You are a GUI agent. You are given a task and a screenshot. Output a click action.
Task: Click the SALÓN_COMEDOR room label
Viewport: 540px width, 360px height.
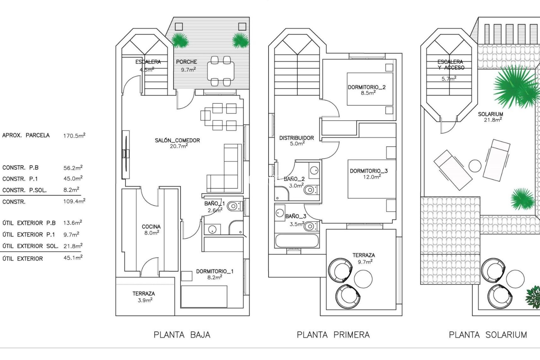point(177,140)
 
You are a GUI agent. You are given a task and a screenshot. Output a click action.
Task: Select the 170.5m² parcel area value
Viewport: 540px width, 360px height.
point(74,136)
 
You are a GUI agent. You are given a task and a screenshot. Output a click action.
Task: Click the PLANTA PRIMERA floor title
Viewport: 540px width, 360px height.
point(333,335)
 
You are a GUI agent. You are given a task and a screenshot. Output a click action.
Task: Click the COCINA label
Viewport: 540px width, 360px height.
point(151,227)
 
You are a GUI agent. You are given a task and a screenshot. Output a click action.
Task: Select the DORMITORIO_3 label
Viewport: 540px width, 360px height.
point(368,171)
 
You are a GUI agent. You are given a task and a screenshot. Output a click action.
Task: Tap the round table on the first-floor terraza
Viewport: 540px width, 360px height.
point(363,278)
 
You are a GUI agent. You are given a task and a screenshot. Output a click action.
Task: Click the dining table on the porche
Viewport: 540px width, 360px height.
point(220,70)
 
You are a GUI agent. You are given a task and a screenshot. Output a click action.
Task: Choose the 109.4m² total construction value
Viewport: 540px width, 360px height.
point(74,201)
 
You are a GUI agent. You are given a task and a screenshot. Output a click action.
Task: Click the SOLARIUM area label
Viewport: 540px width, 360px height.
point(490,114)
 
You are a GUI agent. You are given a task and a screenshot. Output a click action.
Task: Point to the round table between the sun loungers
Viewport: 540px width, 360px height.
point(475,166)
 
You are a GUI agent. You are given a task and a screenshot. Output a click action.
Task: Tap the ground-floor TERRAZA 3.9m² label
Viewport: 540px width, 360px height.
point(144,294)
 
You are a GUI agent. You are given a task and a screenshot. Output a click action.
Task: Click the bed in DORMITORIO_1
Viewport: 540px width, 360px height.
point(204,296)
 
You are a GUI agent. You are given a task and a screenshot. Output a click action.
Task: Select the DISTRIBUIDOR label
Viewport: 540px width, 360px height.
point(296,138)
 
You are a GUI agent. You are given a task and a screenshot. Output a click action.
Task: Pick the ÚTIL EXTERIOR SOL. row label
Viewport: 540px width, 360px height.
point(30,246)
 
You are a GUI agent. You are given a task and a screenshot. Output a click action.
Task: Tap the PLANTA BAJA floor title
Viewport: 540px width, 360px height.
point(182,335)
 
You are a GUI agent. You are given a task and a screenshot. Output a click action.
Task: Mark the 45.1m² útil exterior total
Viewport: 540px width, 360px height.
point(73,258)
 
